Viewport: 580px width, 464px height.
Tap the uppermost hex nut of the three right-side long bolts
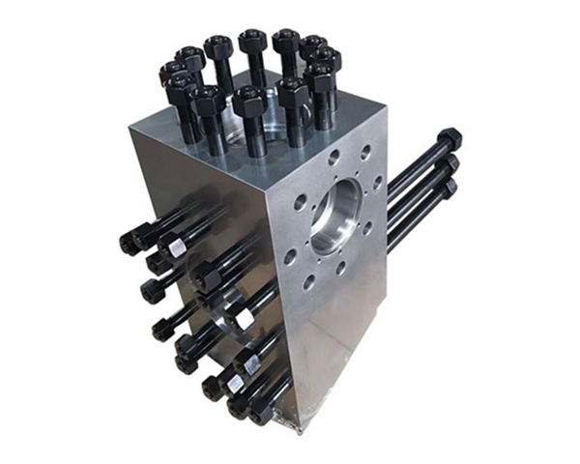coord(449,139)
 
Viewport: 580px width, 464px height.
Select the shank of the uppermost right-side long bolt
coord(416,159)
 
